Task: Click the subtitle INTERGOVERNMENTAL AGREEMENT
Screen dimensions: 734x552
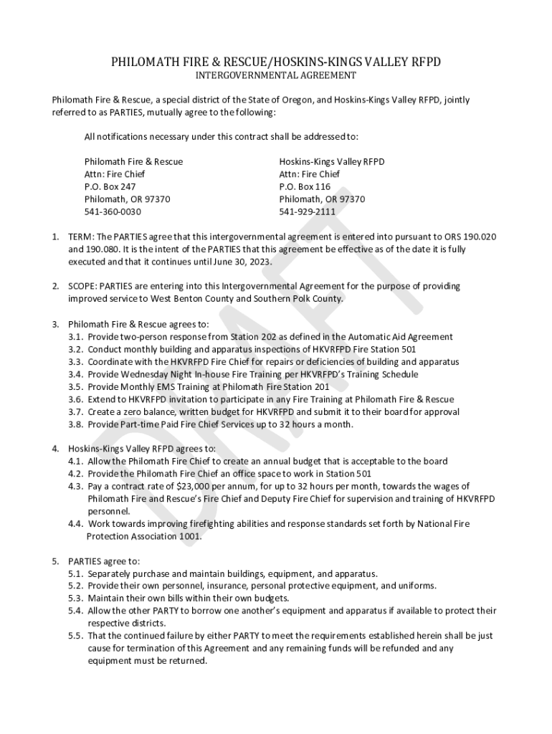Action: (x=276, y=75)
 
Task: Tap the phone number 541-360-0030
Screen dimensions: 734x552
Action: (x=113, y=211)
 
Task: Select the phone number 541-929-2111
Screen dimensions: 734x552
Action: (x=307, y=211)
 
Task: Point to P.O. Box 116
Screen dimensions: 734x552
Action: (x=305, y=186)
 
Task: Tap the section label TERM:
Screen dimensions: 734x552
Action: (x=81, y=237)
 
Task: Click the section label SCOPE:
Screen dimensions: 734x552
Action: (x=83, y=286)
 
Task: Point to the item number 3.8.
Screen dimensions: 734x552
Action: (x=76, y=424)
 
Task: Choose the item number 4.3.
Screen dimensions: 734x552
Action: (x=76, y=486)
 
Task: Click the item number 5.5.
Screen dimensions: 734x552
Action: (x=76, y=636)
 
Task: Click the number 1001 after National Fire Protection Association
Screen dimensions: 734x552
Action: (x=190, y=536)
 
